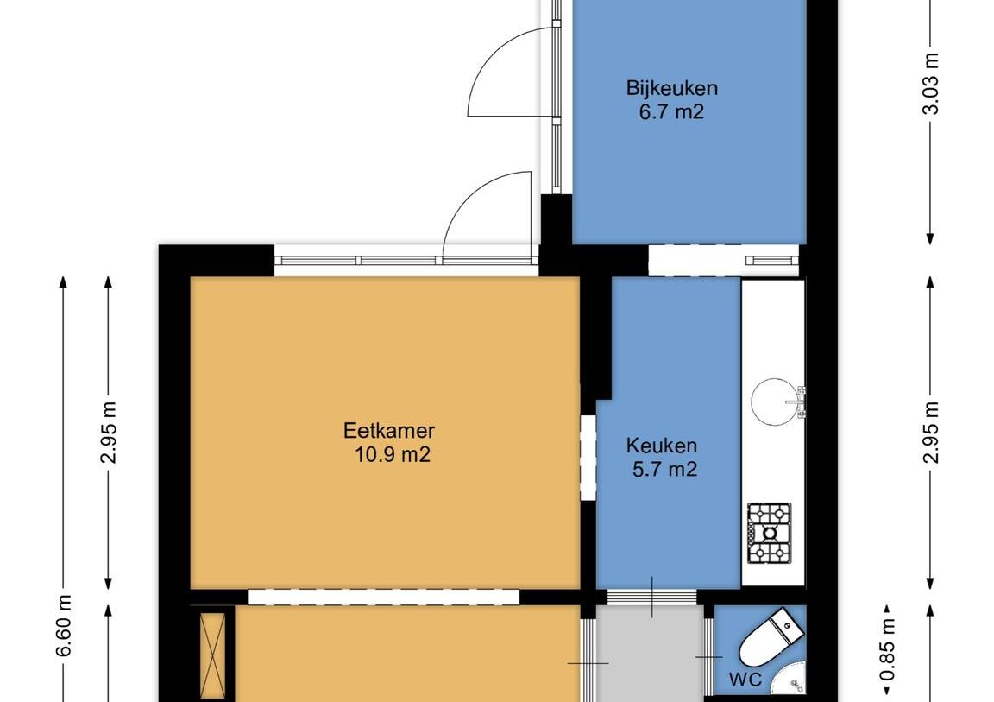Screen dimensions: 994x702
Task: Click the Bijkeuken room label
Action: pyautogui.click(x=672, y=87)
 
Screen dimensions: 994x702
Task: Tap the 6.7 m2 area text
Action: pyautogui.click(x=672, y=112)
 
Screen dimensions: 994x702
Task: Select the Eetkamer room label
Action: pyautogui.click(x=388, y=431)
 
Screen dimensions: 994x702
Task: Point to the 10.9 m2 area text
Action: pyautogui.click(x=393, y=455)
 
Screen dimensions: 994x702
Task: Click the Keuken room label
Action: pyautogui.click(x=661, y=446)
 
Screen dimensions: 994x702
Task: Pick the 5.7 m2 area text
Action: pyautogui.click(x=665, y=469)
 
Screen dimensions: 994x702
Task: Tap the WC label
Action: pyautogui.click(x=745, y=680)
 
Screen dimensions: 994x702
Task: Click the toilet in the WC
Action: pyautogui.click(x=771, y=636)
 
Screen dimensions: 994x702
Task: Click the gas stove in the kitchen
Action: pyautogui.click(x=770, y=534)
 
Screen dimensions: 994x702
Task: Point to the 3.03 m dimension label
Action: pyautogui.click(x=931, y=83)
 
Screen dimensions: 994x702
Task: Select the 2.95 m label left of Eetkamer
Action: pyautogui.click(x=109, y=433)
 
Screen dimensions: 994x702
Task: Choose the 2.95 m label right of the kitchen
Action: pyautogui.click(x=931, y=433)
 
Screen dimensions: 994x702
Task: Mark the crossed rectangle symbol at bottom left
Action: pyautogui.click(x=212, y=655)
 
